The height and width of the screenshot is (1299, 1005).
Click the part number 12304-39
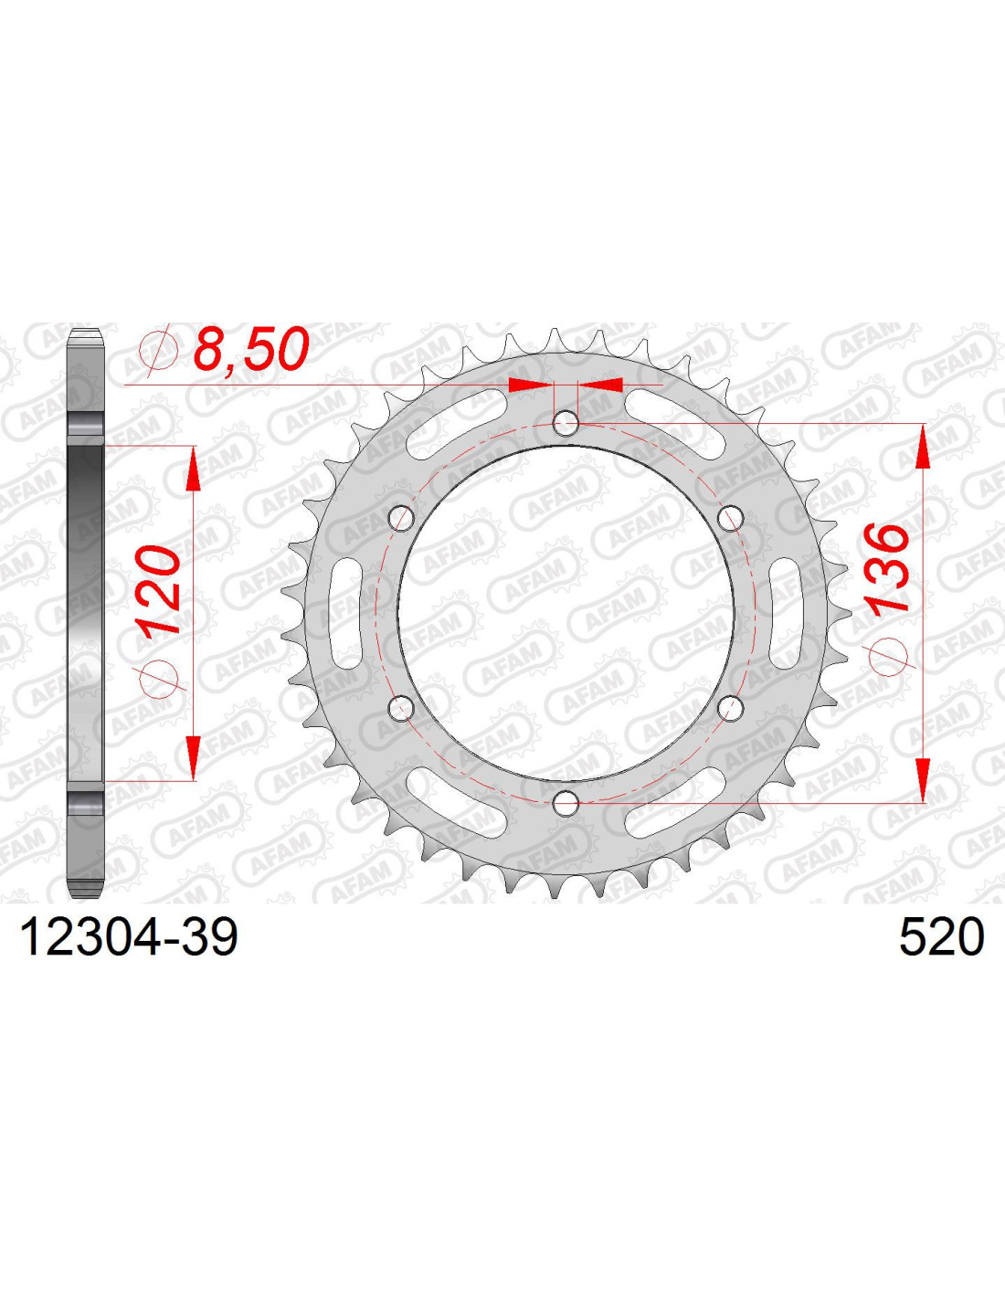(129, 938)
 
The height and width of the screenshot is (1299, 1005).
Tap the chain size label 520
(941, 938)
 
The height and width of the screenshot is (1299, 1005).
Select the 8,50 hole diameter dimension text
(249, 349)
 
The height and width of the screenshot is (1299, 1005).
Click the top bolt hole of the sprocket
(566, 424)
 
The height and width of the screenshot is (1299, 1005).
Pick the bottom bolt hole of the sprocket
(566, 803)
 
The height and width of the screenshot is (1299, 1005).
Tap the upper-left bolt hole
(402, 518)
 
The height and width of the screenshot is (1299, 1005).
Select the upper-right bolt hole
(730, 518)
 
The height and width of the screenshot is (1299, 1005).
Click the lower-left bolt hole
(402, 708)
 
